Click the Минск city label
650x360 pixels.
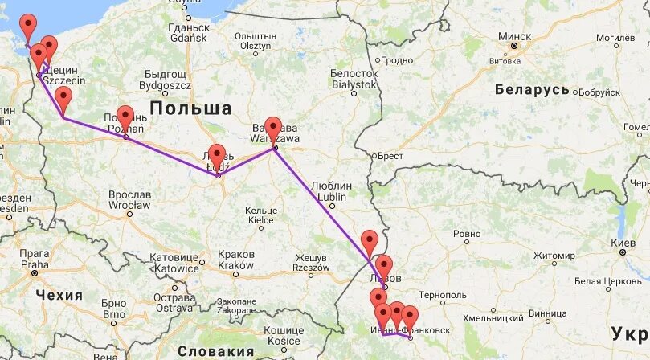coord(514,36)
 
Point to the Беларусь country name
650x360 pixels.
coord(532,88)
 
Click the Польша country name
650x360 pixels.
coord(190,108)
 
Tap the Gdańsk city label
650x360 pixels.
coord(189,38)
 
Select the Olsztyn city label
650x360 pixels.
coord(256,46)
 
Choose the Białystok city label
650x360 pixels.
coord(354,84)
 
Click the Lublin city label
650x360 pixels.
coord(331,196)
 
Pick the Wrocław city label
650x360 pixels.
coord(130,206)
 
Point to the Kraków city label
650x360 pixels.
coord(235,265)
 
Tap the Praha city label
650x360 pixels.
coord(35,264)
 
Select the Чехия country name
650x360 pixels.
coord(59,295)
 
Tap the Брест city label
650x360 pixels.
coord(390,155)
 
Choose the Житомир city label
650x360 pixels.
coord(554,256)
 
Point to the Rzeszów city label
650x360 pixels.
coord(312,268)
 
